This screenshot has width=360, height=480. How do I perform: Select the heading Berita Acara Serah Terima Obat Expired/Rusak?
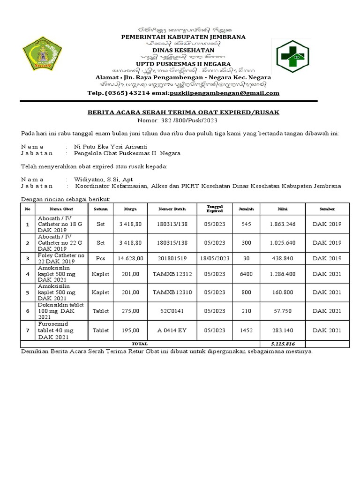(x=183, y=112)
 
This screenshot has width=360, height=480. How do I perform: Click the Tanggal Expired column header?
(x=215, y=209)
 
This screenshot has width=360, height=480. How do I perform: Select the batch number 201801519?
(x=172, y=258)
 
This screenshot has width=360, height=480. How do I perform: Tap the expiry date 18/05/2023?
(x=215, y=258)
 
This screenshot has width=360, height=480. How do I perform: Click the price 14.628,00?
(x=130, y=258)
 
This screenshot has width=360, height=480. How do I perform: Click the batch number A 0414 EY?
(x=172, y=330)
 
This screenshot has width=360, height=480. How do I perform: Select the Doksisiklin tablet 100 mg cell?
(x=61, y=311)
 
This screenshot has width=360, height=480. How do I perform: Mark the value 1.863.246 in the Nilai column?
(x=283, y=224)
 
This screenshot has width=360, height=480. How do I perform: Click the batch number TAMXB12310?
(x=172, y=292)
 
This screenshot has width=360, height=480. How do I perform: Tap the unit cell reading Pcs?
(x=100, y=258)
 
